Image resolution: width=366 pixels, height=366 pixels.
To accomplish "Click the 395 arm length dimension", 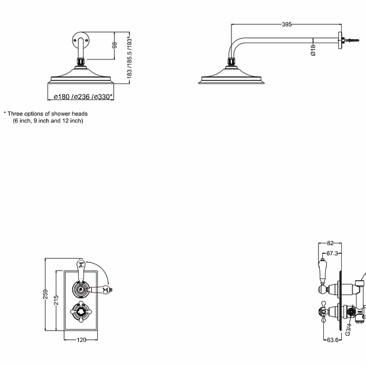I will click(287, 24).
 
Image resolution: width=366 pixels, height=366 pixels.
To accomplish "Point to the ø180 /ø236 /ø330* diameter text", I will click(83, 97).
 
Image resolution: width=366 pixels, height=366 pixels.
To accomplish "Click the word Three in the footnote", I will click(18, 113).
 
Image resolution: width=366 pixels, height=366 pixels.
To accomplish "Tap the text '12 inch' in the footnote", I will click(72, 120).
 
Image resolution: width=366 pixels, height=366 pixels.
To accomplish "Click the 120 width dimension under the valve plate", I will click(82, 339).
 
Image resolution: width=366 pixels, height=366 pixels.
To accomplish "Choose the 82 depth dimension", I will click(330, 243).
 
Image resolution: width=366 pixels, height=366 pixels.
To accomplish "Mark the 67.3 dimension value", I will click(333, 253).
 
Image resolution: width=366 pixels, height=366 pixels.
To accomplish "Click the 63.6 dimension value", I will click(333, 340).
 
